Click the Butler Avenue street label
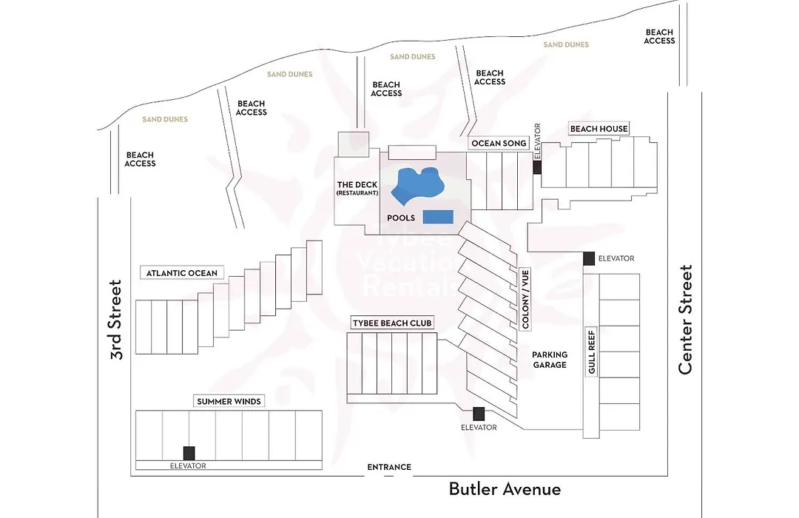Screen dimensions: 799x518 [x=505, y=489]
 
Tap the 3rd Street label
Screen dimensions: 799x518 [x=117, y=320]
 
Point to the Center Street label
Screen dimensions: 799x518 [x=686, y=320]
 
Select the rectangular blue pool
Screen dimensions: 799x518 [x=438, y=217]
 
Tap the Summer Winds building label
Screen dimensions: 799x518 [x=229, y=401]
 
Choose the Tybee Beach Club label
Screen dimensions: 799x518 [x=392, y=323]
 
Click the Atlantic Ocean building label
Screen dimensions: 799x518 [x=182, y=273]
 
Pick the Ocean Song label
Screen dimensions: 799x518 [x=499, y=144]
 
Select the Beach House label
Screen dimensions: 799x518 [x=599, y=129]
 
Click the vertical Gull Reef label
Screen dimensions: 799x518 [x=592, y=352]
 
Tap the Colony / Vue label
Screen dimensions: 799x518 [x=525, y=299]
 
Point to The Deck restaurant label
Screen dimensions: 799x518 [x=357, y=188]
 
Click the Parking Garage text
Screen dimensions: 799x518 [x=550, y=360]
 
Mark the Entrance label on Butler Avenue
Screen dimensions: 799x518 [x=389, y=467]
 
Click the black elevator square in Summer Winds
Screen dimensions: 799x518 [x=189, y=453]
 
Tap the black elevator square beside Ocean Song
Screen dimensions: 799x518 [x=537, y=167]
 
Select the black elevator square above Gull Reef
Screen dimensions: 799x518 [x=589, y=258]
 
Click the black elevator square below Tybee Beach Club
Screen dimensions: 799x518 [x=479, y=414]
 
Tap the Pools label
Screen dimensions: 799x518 [x=401, y=218]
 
